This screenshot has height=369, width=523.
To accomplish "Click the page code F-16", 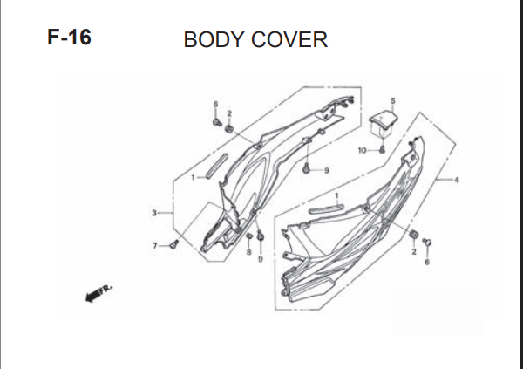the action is click(x=69, y=37).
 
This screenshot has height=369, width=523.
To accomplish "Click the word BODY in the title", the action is click(x=214, y=39).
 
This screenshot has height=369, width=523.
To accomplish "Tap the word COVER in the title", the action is click(x=289, y=39).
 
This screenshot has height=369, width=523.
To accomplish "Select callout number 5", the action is click(x=392, y=100).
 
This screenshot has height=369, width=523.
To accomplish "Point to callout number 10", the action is click(x=363, y=151).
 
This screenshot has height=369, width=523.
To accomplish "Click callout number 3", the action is click(x=154, y=213).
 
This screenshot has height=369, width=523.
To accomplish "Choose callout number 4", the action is click(x=457, y=180).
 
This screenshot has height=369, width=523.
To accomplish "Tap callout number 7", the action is click(x=155, y=246).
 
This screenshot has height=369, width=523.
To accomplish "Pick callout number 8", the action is click(x=248, y=252).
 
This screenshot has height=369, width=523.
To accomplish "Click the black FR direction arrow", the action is click(x=92, y=296).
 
